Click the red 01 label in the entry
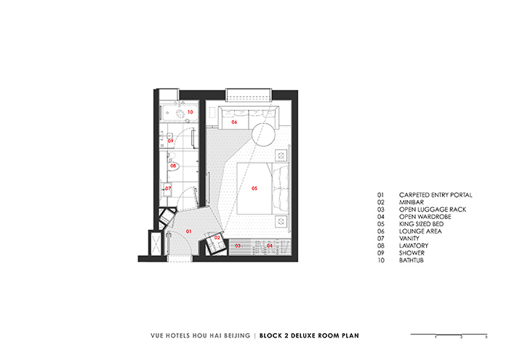[x=189, y=231]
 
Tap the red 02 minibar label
[x=217, y=238]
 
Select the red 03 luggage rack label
[x=237, y=246]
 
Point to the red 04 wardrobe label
[x=270, y=246]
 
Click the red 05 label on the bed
[x=254, y=188]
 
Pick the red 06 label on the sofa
[x=234, y=122]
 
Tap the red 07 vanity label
[x=168, y=188]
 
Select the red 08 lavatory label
[x=174, y=166]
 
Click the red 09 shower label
[x=171, y=141]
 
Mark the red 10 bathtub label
[x=190, y=112]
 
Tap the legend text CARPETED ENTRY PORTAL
[x=436, y=195]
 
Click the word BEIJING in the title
[x=236, y=336]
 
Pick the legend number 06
[x=380, y=231]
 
